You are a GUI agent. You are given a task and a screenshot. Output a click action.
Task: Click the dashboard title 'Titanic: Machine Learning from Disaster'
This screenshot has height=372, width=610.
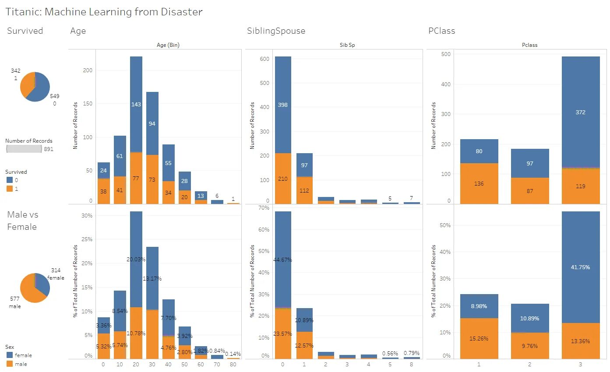point(104,12)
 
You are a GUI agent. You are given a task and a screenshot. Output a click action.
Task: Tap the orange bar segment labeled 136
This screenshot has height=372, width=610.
point(479,183)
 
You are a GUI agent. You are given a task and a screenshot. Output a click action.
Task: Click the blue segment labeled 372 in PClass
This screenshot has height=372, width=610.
point(581,112)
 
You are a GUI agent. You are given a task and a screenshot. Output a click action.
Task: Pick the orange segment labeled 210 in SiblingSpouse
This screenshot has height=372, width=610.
point(283,178)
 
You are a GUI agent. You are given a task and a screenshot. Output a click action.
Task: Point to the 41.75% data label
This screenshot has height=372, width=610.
point(581,267)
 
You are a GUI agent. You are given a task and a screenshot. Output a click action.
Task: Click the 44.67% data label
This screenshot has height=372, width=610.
point(283,260)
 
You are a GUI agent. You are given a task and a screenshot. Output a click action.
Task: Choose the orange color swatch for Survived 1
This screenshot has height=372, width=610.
point(9,189)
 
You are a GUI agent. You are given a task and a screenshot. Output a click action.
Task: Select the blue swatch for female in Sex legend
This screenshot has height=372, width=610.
point(9,355)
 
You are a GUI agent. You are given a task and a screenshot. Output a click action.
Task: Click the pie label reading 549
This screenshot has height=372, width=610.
point(54,96)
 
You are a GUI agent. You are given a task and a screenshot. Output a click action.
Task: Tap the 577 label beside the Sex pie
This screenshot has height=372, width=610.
point(14,298)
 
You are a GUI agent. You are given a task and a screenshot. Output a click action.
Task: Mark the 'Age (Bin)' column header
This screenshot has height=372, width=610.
point(168,45)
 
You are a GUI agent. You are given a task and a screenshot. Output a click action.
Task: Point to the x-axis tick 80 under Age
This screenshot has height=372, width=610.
point(233,364)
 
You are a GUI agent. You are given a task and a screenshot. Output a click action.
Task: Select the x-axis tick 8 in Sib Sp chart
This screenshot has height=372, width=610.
point(412,364)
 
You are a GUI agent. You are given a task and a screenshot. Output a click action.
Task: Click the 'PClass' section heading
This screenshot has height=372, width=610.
point(442,31)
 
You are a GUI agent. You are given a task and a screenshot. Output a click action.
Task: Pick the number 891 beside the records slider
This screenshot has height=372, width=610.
point(49,149)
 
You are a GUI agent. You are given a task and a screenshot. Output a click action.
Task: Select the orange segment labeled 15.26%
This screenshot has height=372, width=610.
point(479,338)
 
